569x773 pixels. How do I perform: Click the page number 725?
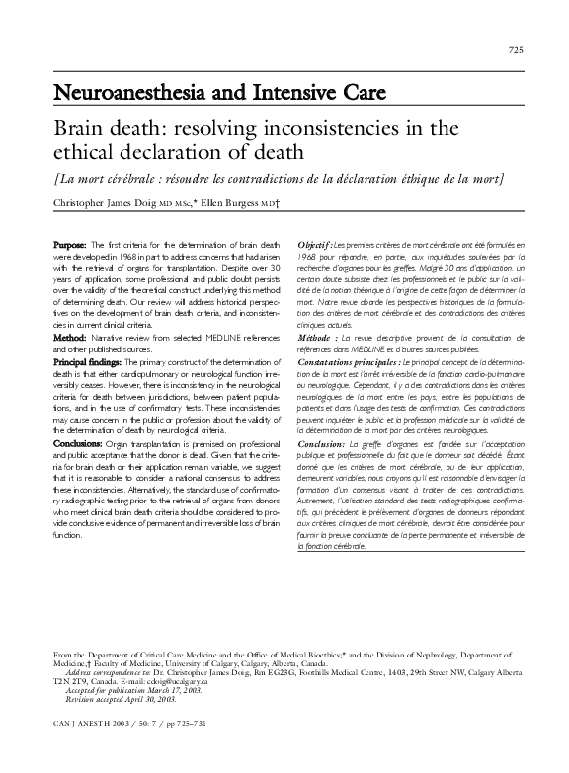(515, 50)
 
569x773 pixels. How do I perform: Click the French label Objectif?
(316, 244)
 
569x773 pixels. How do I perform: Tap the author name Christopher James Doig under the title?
(102, 203)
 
